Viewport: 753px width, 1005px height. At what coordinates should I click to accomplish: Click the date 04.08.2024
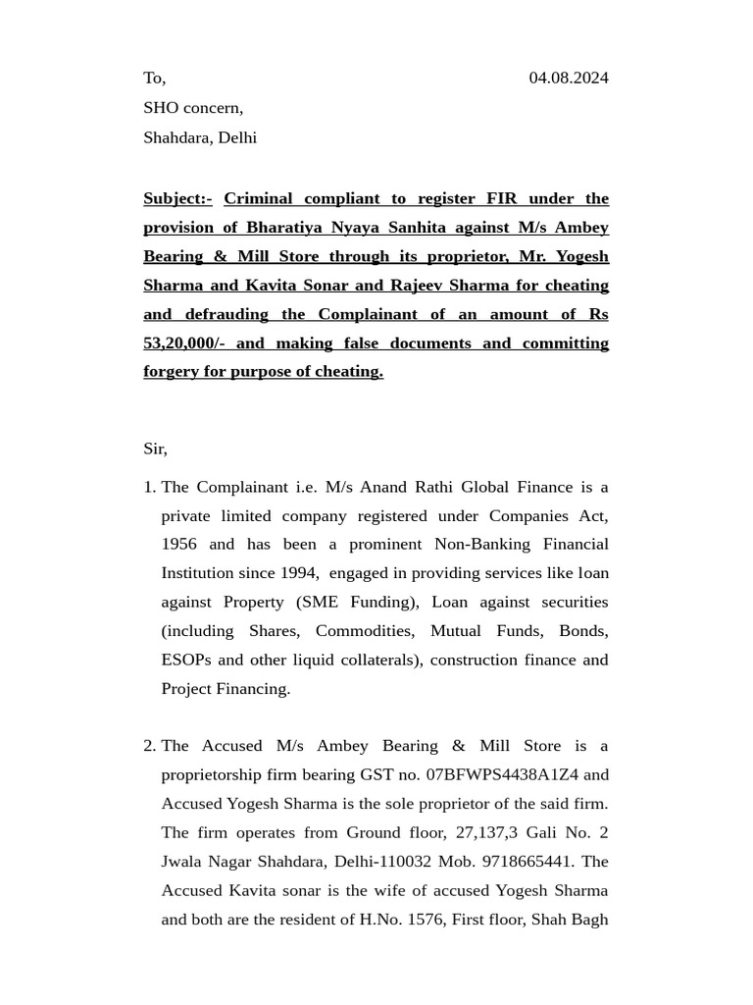[x=568, y=78]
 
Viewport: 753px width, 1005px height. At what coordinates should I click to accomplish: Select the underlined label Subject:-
[x=177, y=198]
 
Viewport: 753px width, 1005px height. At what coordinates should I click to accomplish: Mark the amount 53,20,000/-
[x=184, y=344]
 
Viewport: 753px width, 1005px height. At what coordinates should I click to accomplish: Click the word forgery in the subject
[x=171, y=372]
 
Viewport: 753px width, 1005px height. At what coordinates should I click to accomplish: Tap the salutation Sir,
[x=155, y=449]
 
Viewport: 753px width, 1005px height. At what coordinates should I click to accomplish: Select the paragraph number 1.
[x=149, y=488]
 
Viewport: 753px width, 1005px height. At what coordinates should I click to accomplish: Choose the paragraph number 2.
[x=149, y=747]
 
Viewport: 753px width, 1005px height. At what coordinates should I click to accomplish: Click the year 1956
[x=179, y=545]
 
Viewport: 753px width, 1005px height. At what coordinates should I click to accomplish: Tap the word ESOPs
[x=186, y=660]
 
